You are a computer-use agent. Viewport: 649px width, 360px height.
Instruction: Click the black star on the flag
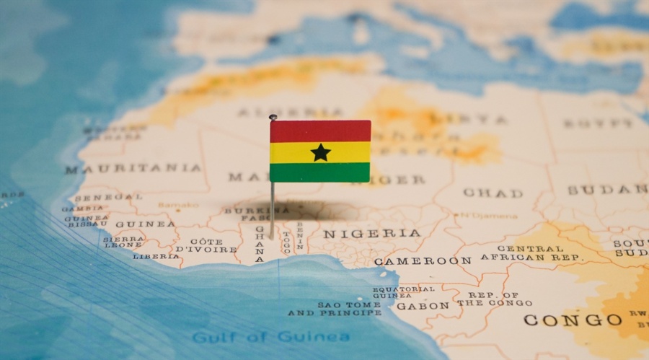click(320, 152)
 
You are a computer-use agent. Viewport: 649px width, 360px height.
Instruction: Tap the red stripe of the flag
click(320, 131)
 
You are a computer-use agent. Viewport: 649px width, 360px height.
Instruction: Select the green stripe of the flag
click(320, 172)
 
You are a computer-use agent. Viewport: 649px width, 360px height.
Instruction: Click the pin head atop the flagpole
click(273, 117)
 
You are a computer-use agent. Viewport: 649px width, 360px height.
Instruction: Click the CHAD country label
click(493, 193)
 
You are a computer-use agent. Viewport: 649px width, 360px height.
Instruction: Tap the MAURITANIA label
click(133, 169)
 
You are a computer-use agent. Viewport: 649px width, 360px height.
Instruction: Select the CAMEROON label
click(423, 260)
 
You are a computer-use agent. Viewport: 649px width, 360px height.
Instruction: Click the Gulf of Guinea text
click(270, 337)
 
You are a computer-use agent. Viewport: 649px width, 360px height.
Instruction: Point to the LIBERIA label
click(156, 256)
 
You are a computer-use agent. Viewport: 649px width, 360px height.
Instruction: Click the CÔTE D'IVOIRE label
click(206, 245)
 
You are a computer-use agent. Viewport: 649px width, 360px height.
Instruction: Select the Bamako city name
click(178, 205)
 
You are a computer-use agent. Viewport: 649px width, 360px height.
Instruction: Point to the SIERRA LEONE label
click(123, 242)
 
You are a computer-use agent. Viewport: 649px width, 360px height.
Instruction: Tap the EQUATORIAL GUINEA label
click(404, 291)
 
